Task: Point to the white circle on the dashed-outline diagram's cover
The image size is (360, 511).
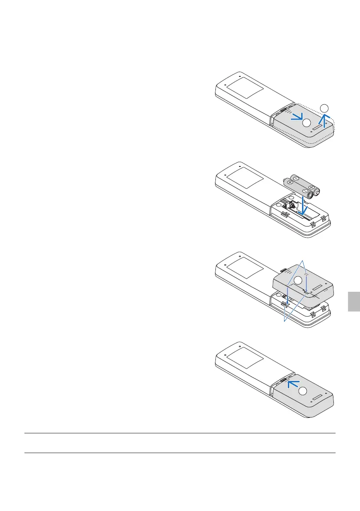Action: tap(306, 123)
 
